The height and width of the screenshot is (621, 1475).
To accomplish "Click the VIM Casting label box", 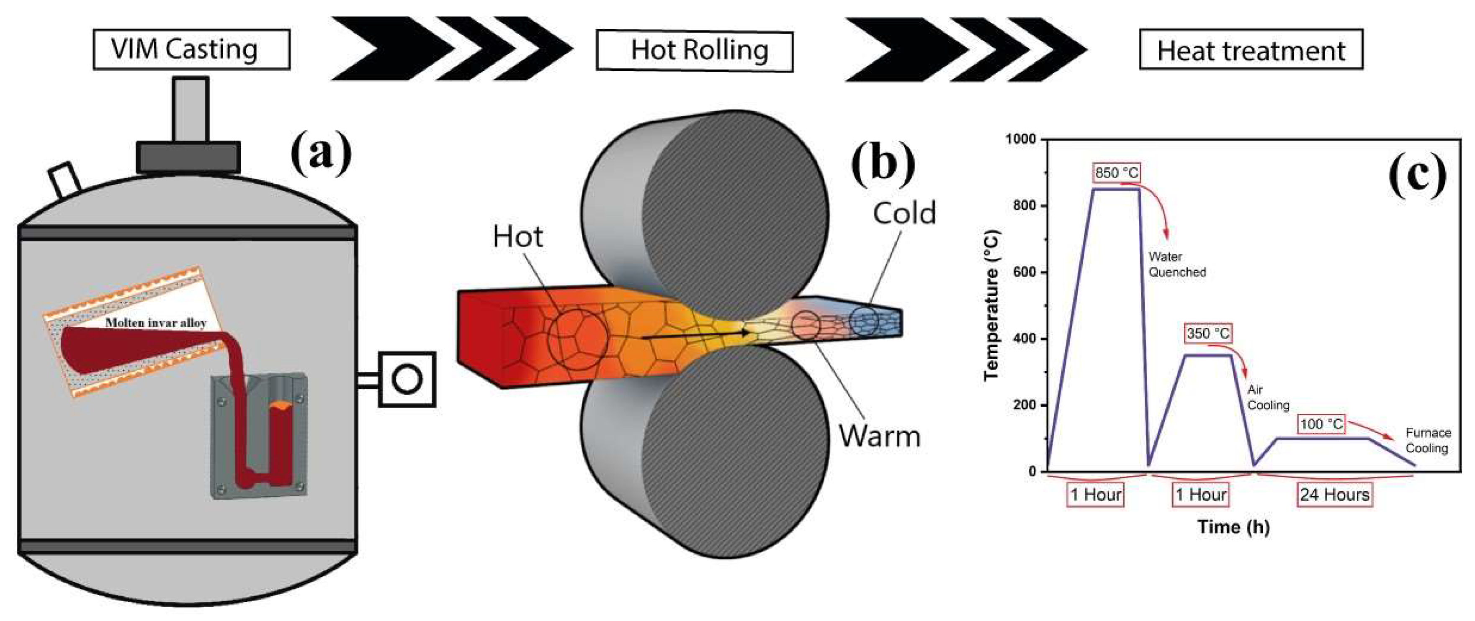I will tap(191, 50).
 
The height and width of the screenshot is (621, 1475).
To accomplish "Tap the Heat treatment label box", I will tap(1251, 50).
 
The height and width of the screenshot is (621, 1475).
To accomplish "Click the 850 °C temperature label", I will tap(1117, 172).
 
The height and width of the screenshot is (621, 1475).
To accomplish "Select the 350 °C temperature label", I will tap(1208, 333).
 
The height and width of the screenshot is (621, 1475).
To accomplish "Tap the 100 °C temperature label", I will tap(1321, 424).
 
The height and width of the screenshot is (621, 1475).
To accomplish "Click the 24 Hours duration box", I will tap(1335, 495).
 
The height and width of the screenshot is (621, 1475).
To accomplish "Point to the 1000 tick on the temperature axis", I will tap(1022, 139).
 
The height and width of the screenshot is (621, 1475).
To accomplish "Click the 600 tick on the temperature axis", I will tap(1025, 272).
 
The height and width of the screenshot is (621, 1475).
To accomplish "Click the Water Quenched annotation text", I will tap(1176, 264).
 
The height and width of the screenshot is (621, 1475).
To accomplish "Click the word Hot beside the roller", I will tap(517, 237).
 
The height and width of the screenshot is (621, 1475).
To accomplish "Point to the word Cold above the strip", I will tap(904, 213).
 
